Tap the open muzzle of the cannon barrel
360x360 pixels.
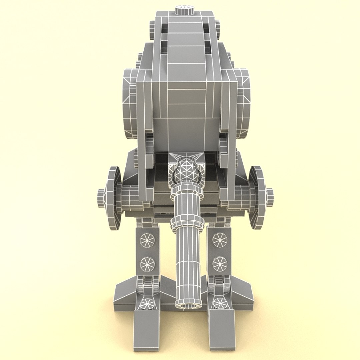(188, 304)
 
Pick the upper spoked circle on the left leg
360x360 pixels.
(147, 240)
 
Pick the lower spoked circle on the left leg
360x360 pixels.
(147, 264)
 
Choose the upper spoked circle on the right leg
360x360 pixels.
(220, 240)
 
